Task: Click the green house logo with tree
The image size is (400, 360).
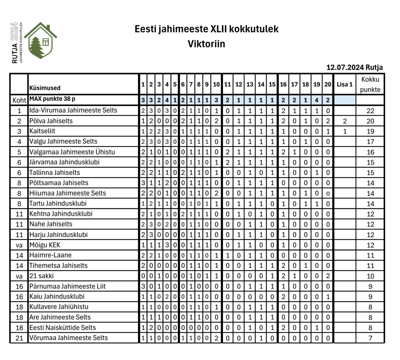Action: [x=40, y=40]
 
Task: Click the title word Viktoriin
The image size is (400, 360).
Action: [x=206, y=44]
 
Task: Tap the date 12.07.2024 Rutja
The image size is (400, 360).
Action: [x=354, y=68]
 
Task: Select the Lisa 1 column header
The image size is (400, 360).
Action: [x=345, y=84]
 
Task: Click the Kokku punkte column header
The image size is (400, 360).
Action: [x=370, y=84]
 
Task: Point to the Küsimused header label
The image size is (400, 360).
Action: [x=45, y=88]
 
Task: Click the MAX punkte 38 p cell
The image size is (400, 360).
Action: [x=52, y=100]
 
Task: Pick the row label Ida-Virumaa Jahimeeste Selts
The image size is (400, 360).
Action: [x=73, y=110]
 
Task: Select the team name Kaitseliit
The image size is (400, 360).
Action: [x=43, y=131]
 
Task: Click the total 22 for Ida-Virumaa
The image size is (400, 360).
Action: [x=370, y=111]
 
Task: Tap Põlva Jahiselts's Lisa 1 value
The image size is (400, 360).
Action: [x=345, y=121]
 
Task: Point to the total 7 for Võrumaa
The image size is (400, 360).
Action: [x=370, y=338]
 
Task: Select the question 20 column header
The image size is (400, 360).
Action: [x=328, y=84]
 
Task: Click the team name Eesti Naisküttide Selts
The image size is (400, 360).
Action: [x=62, y=328]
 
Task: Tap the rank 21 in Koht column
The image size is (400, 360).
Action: [x=19, y=338]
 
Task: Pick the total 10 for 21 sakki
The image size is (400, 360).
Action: [x=370, y=276]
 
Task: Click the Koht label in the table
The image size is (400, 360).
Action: [x=19, y=100]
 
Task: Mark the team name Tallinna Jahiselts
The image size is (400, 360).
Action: [x=55, y=172]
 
